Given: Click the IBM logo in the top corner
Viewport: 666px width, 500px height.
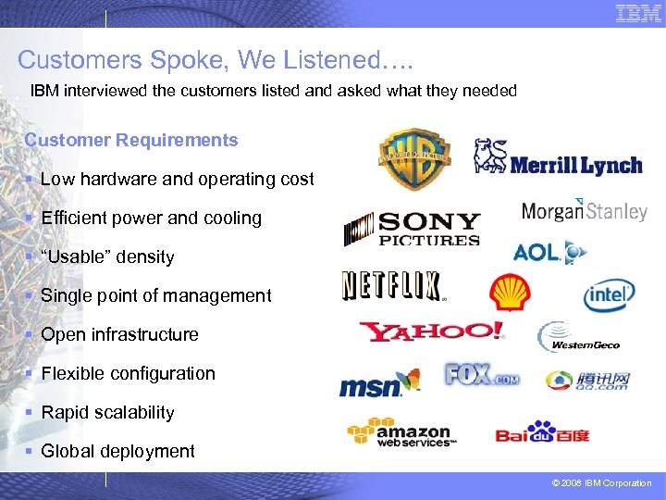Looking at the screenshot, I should [x=638, y=13].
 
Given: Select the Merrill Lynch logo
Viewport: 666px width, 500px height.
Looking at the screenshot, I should [x=558, y=158].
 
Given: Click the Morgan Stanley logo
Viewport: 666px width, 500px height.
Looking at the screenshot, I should [x=584, y=211].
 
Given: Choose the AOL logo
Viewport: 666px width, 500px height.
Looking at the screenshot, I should [x=550, y=252].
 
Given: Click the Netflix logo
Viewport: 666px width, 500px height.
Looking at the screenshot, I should [x=392, y=285].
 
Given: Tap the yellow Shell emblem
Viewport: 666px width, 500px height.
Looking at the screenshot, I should [x=510, y=293].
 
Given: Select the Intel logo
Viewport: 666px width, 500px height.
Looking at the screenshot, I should [x=609, y=296].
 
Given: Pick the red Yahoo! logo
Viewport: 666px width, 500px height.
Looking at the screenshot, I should [x=432, y=331].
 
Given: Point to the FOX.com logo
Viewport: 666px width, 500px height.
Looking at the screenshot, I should [x=482, y=375].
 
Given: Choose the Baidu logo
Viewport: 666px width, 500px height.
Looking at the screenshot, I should [x=542, y=432].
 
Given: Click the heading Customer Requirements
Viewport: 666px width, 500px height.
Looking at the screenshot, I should [x=131, y=141].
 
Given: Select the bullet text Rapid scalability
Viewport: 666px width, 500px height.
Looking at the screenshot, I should [x=107, y=412].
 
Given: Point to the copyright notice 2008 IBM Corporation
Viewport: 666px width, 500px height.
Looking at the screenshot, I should [x=602, y=483].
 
